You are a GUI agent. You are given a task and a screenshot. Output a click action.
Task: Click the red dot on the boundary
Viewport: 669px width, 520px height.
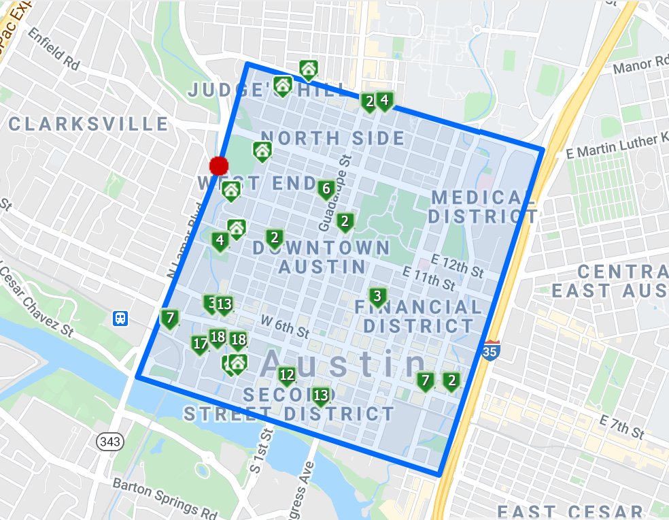point(219,165)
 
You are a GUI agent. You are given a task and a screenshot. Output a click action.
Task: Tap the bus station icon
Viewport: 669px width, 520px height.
point(120,318)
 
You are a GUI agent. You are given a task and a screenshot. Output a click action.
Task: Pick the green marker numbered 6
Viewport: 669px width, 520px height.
point(326,189)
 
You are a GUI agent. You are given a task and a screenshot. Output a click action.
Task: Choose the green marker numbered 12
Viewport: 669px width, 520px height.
point(287,374)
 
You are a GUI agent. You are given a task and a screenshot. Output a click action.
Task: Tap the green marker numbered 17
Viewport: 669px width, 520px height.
point(200,344)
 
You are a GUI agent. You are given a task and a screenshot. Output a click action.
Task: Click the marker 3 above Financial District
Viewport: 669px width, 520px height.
point(377,296)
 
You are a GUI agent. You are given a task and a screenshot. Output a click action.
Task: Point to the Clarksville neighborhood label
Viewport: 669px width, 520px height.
point(88,124)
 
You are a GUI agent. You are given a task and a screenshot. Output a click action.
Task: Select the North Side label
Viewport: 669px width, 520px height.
point(333,138)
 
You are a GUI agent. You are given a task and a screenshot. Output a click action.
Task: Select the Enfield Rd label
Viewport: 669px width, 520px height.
point(54,54)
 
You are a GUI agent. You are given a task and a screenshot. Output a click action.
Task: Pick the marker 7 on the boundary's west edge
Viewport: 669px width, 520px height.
point(169,317)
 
